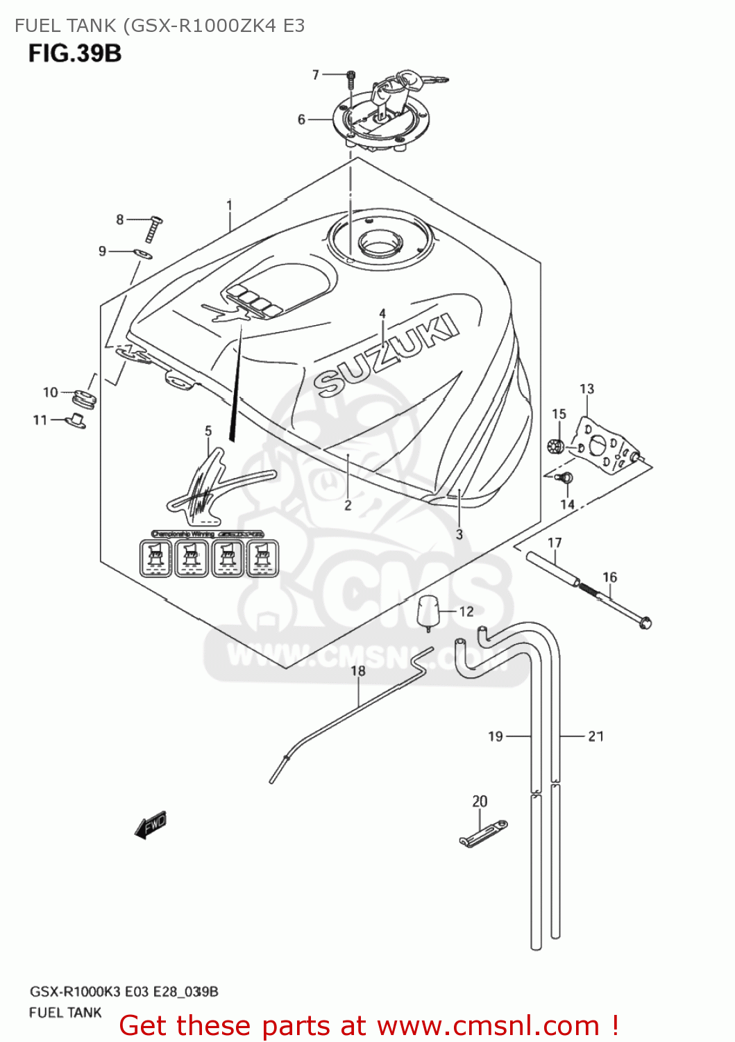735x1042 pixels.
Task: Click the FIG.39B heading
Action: click(x=75, y=53)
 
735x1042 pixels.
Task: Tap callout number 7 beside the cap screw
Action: click(x=316, y=74)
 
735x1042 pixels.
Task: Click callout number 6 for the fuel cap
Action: click(x=301, y=119)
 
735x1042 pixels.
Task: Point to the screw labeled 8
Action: click(x=153, y=228)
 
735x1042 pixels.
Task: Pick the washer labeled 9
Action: click(x=142, y=254)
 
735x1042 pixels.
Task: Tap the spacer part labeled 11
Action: click(x=76, y=421)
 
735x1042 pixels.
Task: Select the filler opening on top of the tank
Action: click(x=380, y=242)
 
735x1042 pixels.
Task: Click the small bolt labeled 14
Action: click(x=566, y=478)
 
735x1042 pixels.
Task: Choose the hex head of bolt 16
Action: click(x=645, y=622)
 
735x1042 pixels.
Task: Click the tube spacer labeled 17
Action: click(x=553, y=569)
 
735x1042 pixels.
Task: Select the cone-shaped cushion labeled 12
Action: click(x=428, y=611)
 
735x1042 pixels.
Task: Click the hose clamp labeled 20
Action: click(x=483, y=834)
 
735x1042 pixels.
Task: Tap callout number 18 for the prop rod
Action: click(x=357, y=670)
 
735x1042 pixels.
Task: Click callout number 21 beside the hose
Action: click(x=595, y=736)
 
